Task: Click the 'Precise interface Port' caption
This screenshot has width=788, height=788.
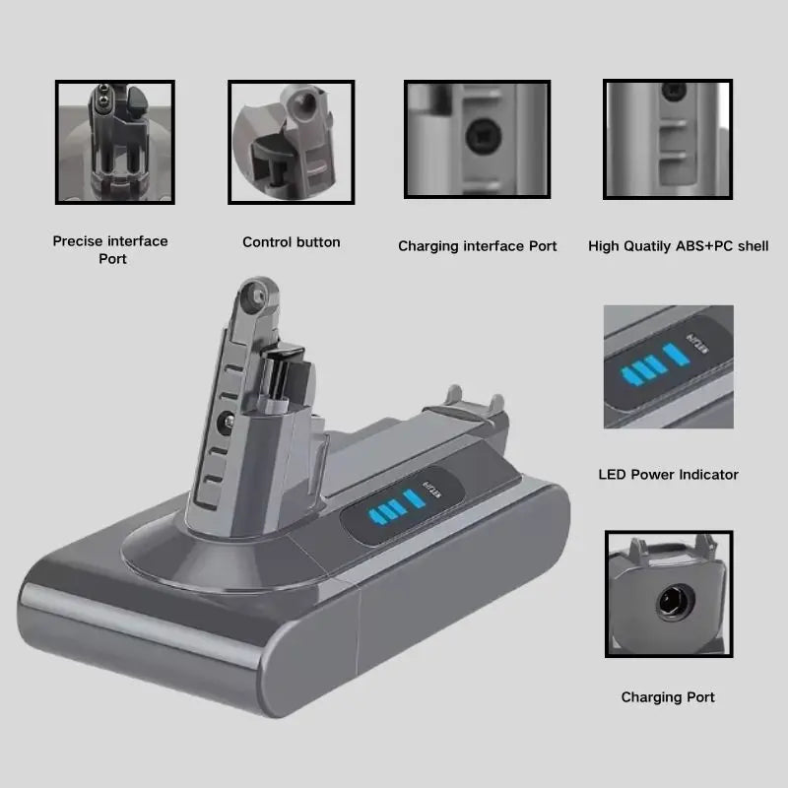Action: point(110,250)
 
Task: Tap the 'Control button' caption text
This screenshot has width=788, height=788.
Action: point(292,242)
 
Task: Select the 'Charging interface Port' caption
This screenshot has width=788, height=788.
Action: point(478,246)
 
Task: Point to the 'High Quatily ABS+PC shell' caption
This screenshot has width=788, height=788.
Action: point(679,246)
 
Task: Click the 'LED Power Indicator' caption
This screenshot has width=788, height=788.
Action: point(669,475)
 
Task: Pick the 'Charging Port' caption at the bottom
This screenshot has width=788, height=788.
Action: point(668,697)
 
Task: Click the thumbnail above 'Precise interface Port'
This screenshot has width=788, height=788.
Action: point(115,142)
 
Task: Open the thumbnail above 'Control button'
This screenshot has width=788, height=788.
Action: point(292,142)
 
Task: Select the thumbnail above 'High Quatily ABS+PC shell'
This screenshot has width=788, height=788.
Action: point(668,139)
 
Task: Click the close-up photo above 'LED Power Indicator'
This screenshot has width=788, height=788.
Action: point(669,366)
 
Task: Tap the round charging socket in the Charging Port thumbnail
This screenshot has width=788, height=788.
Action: point(676,602)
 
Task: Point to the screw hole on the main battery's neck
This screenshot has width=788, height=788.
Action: point(226,423)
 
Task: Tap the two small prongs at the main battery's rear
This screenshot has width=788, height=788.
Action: point(475,396)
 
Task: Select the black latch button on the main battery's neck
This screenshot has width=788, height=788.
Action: point(283,374)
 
